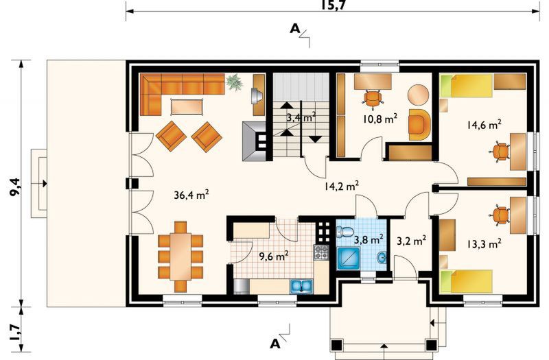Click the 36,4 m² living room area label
tap(191, 195)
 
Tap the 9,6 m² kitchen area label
tap(274, 256)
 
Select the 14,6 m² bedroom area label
tap(484, 125)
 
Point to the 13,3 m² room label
tap(484, 243)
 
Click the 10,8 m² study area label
tap(380, 119)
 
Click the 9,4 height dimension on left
tap(14, 187)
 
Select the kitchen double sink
tap(301, 286)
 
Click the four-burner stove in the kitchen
tap(321, 252)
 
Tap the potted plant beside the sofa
tap(234, 82)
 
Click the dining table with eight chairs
tap(180, 256)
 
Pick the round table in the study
tap(419, 95)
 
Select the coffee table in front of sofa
tap(187, 107)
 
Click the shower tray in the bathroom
tap(349, 259)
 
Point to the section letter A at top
tap(295, 29)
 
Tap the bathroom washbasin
tap(381, 258)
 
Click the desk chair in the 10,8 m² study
tap(373, 97)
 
